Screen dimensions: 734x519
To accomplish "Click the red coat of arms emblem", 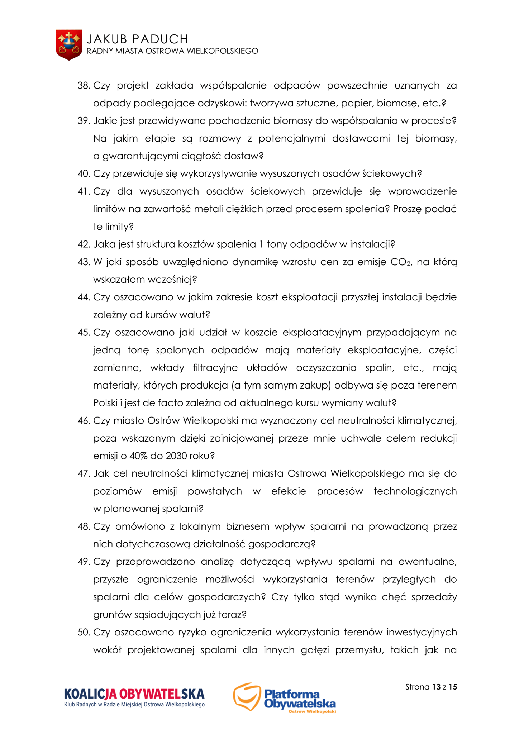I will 69,45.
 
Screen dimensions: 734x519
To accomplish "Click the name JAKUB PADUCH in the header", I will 137,39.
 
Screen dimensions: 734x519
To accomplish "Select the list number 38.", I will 84,86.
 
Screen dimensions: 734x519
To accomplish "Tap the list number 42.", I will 84,244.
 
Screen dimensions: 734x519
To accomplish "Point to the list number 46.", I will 84,421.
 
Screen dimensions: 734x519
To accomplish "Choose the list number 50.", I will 84,632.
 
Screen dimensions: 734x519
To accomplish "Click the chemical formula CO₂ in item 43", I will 400,262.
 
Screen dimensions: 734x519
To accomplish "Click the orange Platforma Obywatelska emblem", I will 246,696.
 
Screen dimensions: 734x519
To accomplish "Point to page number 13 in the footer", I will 436,687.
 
